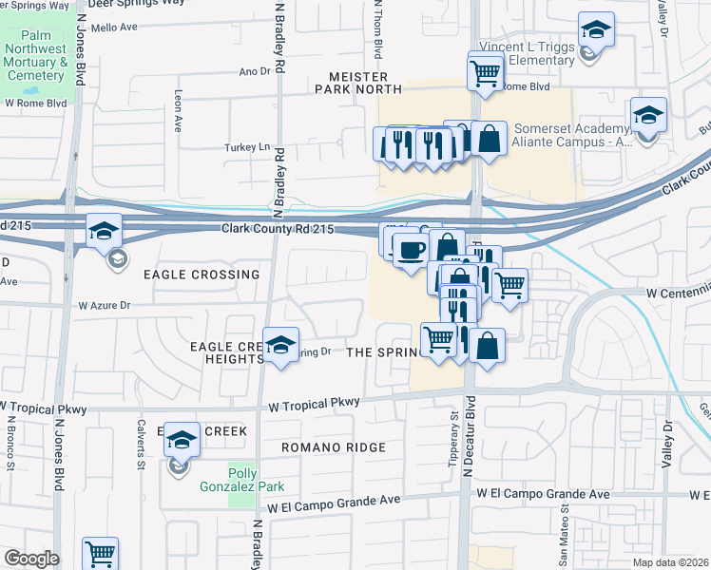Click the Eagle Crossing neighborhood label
(201, 275)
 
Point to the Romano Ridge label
(333, 447)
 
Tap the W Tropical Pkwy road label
(315, 404)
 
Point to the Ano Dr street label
(255, 71)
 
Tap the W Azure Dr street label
(104, 306)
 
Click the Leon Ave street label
(178, 111)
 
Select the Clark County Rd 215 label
(278, 230)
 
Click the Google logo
(30, 559)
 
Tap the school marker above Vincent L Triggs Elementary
(596, 29)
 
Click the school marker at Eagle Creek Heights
(280, 347)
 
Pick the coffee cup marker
(411, 251)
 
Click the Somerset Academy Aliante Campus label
(572, 135)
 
